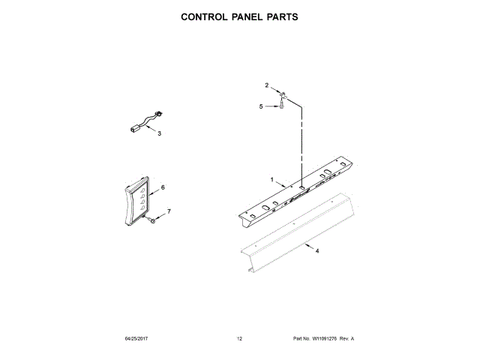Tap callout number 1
pos(272,180)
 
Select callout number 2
pos(266,85)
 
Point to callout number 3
pos(159,133)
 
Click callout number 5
pos(262,106)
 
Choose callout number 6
pos(163,187)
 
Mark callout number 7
pos(169,212)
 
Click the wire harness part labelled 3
pos(143,122)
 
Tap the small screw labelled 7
pos(151,220)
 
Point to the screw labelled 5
pos(281,106)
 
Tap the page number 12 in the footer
pos(239,339)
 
